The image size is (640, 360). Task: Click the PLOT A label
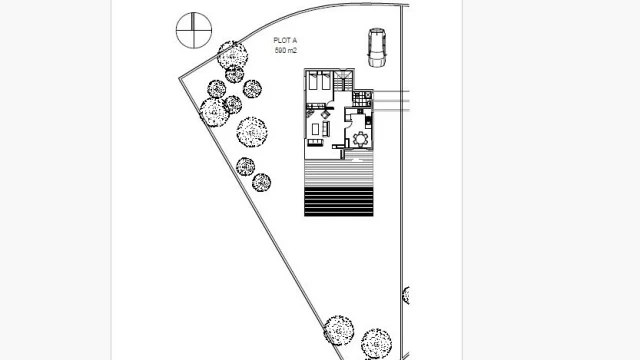[285, 40]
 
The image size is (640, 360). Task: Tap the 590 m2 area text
[286, 51]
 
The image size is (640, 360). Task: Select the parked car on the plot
[377, 47]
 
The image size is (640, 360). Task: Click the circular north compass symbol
[194, 30]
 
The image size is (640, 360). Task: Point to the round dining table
[360, 139]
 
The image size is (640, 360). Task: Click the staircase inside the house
[343, 81]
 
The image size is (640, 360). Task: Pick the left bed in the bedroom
[313, 81]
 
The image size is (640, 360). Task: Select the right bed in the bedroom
[325, 81]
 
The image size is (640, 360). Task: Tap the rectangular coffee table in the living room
[315, 129]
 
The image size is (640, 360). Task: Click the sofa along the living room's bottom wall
[315, 142]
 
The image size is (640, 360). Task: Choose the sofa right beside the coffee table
[325, 129]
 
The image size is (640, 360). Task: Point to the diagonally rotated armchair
[325, 114]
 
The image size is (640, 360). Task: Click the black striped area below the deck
[339, 202]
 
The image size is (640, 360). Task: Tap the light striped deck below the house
[339, 173]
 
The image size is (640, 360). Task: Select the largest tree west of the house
[252, 132]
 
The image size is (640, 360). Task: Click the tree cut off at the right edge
[406, 295]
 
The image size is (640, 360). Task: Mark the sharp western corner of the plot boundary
[180, 78]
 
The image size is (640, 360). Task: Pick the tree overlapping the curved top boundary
[232, 55]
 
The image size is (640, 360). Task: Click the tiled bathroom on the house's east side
[362, 99]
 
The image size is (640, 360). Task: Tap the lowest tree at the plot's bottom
[376, 344]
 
